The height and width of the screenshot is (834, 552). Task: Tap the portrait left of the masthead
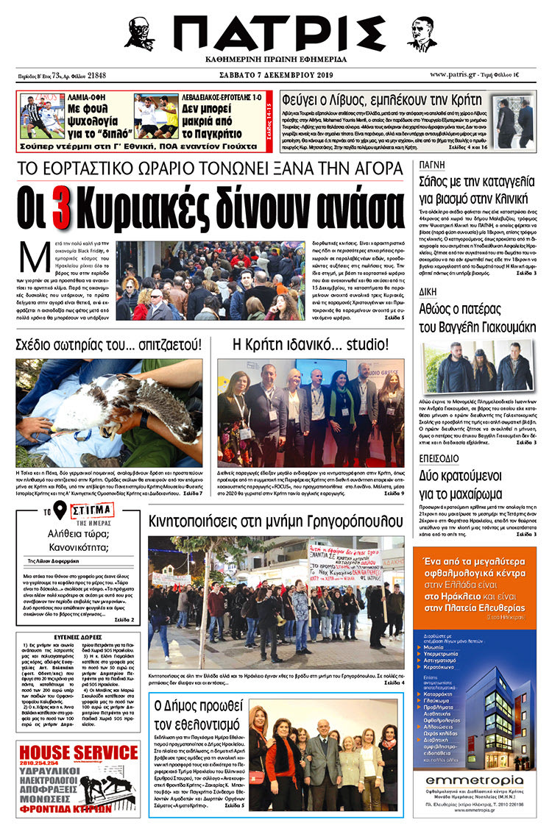click(139, 34)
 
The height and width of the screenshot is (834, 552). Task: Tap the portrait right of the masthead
click(422, 33)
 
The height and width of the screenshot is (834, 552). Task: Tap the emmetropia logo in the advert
click(473, 782)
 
